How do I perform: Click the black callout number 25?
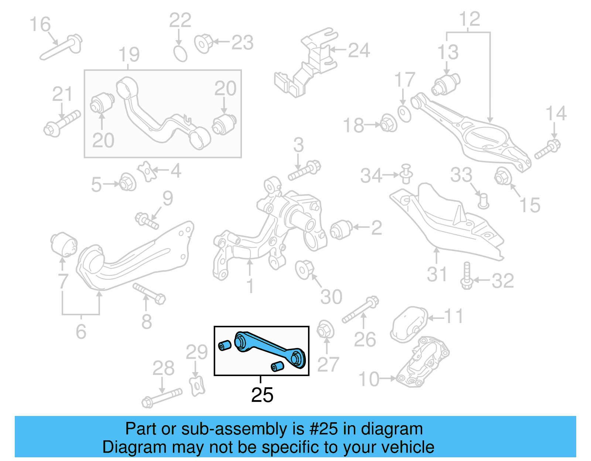tap(262, 395)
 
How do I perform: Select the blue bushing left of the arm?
tap(225, 345)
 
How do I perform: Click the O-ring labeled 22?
tap(181, 54)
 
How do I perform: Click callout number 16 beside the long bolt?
tap(40, 24)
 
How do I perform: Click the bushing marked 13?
tap(446, 84)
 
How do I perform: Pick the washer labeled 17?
tap(404, 113)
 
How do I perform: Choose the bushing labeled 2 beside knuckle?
tap(341, 229)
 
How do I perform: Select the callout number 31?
tap(437, 274)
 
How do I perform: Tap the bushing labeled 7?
tap(64, 244)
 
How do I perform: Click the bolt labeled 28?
tap(162, 398)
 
